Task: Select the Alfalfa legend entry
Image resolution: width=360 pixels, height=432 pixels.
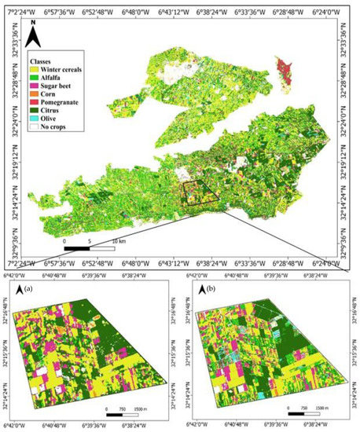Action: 50,76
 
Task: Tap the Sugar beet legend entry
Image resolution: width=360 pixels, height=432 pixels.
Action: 54,85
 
